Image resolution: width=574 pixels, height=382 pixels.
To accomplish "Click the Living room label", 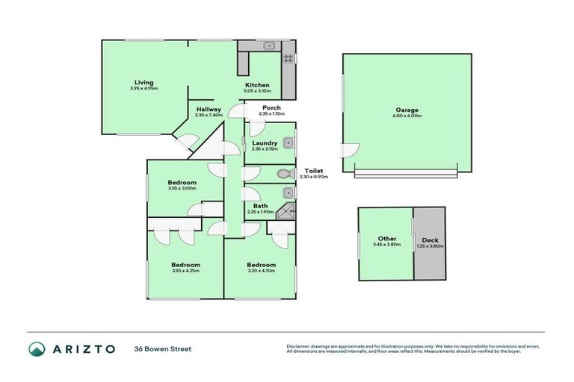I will coord(143,82).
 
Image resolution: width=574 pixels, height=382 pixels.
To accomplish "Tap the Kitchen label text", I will coord(257,85).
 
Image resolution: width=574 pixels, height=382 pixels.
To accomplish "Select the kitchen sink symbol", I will coord(268,47).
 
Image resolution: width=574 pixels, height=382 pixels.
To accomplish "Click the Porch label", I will coord(272,109).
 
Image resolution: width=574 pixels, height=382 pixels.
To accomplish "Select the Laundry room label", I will coord(265,143).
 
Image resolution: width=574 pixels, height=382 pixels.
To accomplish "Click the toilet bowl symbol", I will coord(283,175).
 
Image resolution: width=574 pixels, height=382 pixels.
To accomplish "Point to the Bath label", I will coord(261,206).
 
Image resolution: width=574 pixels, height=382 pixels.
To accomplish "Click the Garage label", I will coord(407,110).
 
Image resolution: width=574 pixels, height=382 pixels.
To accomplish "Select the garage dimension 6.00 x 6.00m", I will coord(407,116).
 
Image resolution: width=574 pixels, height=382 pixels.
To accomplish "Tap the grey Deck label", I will coord(429,239).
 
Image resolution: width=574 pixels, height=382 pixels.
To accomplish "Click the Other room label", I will coord(386,239).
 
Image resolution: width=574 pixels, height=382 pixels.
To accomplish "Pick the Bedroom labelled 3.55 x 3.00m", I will coord(182,183).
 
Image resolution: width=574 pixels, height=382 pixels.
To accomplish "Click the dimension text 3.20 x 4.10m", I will coord(261,271).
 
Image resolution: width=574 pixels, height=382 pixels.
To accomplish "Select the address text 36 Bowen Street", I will coord(163,348).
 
